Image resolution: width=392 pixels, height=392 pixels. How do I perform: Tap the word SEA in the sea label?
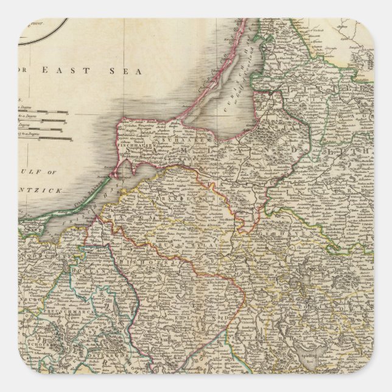coord(127,71)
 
